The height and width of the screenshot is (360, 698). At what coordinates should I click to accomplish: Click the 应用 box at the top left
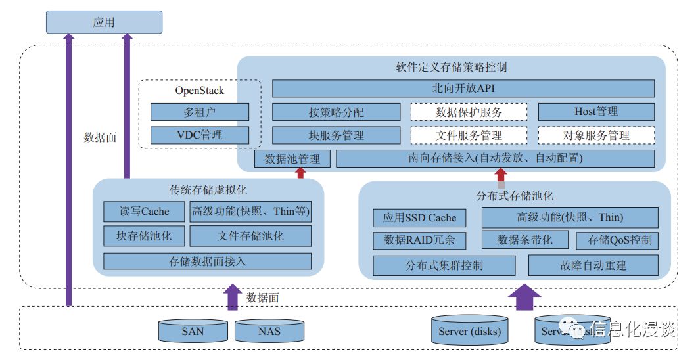pyautogui.click(x=104, y=22)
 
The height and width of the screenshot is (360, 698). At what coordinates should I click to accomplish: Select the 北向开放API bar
pyautogui.click(x=463, y=89)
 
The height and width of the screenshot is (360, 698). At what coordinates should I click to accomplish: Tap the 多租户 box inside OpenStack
pyautogui.click(x=200, y=112)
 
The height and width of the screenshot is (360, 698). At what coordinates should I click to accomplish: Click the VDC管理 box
pyautogui.click(x=200, y=135)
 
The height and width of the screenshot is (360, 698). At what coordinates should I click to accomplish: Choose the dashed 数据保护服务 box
pyautogui.click(x=469, y=112)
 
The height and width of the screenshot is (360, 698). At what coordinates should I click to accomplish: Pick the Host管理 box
pyautogui.click(x=596, y=112)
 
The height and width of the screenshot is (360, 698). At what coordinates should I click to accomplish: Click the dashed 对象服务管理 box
pyautogui.click(x=596, y=135)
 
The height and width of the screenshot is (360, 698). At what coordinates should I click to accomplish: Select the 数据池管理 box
pyautogui.click(x=292, y=158)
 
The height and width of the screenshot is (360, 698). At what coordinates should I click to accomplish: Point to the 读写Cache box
pyautogui.click(x=144, y=212)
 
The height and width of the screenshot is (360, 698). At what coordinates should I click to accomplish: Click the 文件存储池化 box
pyautogui.click(x=250, y=236)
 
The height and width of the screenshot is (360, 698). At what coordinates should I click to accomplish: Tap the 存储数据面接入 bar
pyautogui.click(x=208, y=261)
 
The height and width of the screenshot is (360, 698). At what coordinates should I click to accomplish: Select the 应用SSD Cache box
pyautogui.click(x=419, y=217)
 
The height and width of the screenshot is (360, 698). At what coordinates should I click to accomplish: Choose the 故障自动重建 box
pyautogui.click(x=593, y=265)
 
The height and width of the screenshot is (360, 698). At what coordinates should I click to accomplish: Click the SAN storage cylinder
pyautogui.click(x=193, y=330)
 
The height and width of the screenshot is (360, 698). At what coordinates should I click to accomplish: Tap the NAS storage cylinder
pyautogui.click(x=269, y=330)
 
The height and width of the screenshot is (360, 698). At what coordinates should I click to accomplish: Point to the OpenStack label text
pyautogui.click(x=199, y=91)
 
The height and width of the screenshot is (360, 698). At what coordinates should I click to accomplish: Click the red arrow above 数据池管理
pyautogui.click(x=301, y=173)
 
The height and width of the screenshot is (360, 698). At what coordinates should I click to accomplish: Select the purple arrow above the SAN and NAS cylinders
pyautogui.click(x=233, y=296)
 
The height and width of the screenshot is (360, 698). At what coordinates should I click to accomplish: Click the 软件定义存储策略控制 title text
pyautogui.click(x=451, y=67)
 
